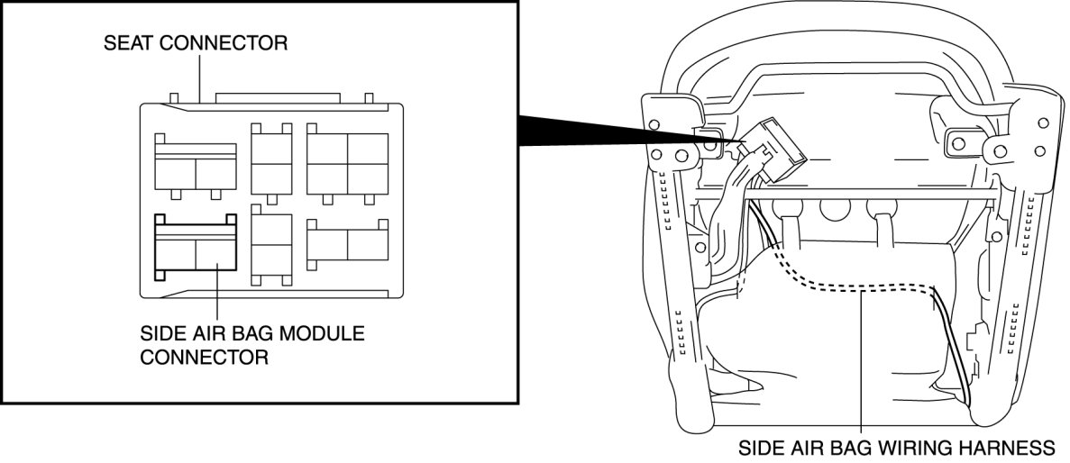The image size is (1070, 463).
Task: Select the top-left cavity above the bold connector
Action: [x=196, y=165]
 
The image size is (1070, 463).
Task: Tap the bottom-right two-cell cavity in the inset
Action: [x=348, y=244]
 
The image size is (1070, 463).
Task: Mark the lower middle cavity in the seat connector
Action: [x=271, y=244]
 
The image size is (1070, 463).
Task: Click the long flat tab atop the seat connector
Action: [x=277, y=97]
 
